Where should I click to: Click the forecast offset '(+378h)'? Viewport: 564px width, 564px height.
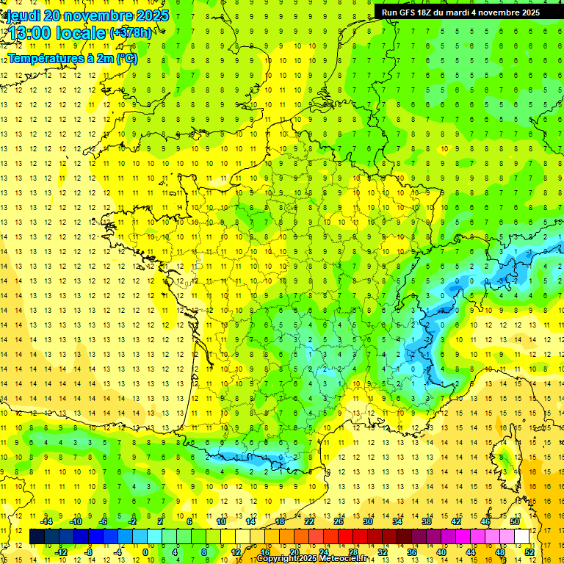[x=131, y=33]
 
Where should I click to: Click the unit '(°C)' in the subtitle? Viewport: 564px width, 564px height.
[x=126, y=58]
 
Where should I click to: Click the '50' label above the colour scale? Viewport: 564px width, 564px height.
[x=514, y=521]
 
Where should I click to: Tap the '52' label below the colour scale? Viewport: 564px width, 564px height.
[x=529, y=552]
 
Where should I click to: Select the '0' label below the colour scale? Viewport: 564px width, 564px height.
[x=145, y=552]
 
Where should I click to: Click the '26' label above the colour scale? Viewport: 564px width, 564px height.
[x=338, y=521]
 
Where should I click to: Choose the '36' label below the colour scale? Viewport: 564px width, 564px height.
[x=411, y=552]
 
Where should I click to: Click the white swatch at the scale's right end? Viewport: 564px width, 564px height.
[x=522, y=536]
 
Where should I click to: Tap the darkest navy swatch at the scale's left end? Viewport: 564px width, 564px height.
[x=37, y=536]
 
